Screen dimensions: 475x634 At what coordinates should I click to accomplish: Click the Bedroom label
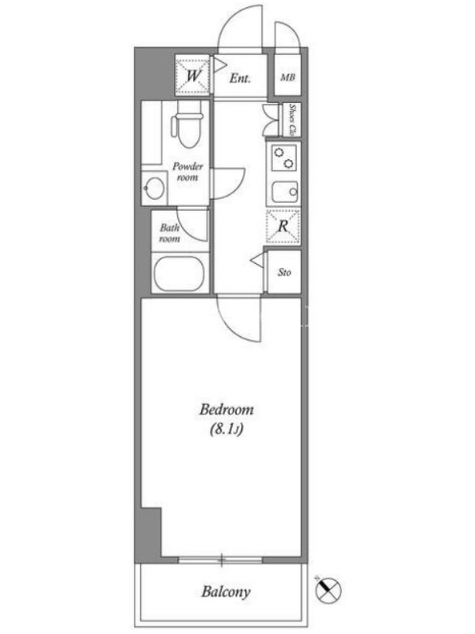coord(226,410)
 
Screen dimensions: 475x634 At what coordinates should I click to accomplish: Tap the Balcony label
coord(226,592)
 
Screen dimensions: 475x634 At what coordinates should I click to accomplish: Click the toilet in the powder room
coord(187,125)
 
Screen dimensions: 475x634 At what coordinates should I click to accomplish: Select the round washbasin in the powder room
coord(154,188)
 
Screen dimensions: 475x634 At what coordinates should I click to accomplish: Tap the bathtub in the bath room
coord(180,274)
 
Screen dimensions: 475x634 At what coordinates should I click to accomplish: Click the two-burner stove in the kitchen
coord(283,158)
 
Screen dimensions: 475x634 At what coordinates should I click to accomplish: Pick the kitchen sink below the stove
coord(285,191)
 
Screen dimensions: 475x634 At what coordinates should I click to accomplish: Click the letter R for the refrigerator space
coord(283,226)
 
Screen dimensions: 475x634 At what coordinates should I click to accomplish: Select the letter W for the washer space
coord(193,75)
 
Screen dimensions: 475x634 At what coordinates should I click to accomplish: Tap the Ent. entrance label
coord(240,78)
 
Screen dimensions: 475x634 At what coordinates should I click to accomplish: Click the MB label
coord(287,77)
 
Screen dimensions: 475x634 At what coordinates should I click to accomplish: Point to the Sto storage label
coord(284,273)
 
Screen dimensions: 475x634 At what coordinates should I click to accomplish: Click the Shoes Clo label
coord(294,120)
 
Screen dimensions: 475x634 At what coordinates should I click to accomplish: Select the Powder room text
coord(188,172)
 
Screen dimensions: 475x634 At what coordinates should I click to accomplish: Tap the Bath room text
coord(169,233)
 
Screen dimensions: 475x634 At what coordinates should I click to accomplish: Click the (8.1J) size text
coord(226,430)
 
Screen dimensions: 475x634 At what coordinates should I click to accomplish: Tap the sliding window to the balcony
coord(221,560)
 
